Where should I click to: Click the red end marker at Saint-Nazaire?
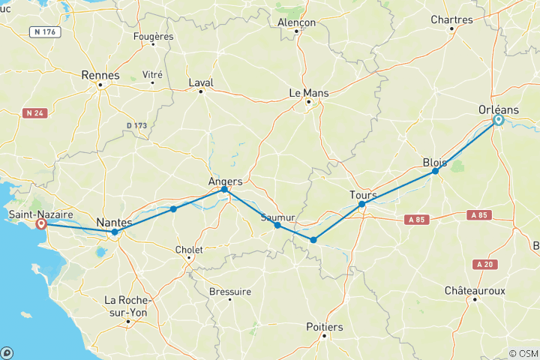(41, 223)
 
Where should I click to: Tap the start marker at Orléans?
(498, 119)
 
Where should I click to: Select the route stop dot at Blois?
(435, 172)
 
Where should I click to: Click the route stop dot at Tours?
(361, 204)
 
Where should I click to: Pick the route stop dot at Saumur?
(277, 225)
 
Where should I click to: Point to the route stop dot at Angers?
(224, 190)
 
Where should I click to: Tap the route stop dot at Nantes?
(115, 232)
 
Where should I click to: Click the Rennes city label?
(100, 76)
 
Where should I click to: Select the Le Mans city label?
(310, 93)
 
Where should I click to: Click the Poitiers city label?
(325, 327)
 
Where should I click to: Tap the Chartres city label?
(451, 20)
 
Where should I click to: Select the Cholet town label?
(189, 248)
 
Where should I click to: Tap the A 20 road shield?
(486, 264)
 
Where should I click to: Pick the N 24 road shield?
(34, 113)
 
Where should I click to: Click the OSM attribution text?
(523, 353)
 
